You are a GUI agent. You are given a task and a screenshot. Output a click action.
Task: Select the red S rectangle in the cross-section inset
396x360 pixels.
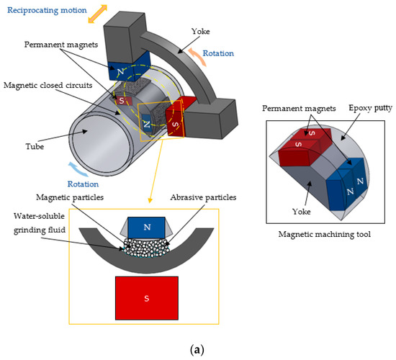click(146, 296)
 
